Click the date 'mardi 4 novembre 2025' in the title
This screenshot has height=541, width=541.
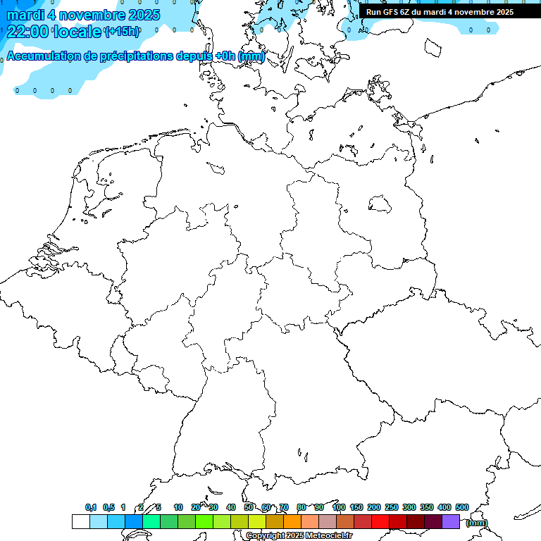click(x=83, y=15)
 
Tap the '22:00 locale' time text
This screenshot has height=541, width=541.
click(x=54, y=31)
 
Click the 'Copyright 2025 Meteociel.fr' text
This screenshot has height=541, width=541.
click(x=299, y=536)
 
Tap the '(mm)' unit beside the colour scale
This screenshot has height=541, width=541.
click(x=476, y=523)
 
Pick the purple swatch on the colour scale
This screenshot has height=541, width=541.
click(x=451, y=521)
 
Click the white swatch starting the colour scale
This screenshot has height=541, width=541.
click(x=80, y=521)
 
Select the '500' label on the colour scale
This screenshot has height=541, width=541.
click(x=462, y=507)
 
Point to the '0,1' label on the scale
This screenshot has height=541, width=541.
click(x=91, y=507)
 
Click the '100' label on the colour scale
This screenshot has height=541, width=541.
click(x=338, y=507)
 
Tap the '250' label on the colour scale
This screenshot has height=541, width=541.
click(x=392, y=507)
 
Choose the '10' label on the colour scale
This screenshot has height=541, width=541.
click(x=178, y=507)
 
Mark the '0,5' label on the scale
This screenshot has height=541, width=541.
click(x=108, y=507)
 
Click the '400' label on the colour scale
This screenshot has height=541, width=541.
click(x=444, y=507)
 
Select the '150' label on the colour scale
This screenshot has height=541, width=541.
click(x=356, y=507)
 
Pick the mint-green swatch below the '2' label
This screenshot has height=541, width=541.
click(x=151, y=521)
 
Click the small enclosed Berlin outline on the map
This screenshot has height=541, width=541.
click(x=380, y=204)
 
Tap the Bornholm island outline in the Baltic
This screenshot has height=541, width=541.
click(x=432, y=47)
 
